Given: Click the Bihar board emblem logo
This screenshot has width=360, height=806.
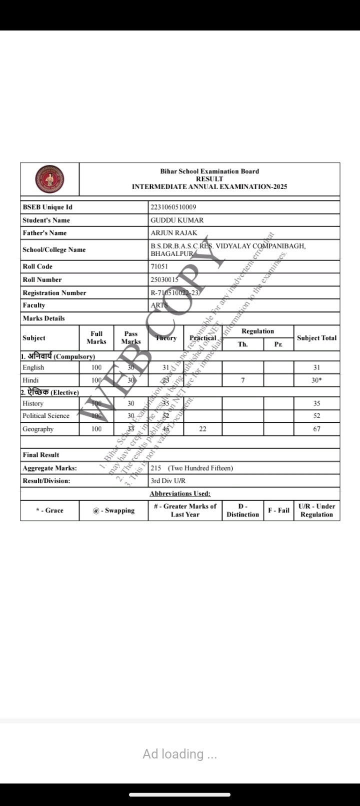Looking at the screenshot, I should tap(49, 179).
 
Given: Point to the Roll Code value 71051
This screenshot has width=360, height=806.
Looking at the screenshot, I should tap(159, 266).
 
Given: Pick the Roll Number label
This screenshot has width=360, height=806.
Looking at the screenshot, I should tap(42, 279).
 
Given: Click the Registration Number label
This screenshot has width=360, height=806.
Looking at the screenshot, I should tap(54, 292).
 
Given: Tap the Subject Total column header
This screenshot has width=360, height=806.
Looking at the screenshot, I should tap(316, 338).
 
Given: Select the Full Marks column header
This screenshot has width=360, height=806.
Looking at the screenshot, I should tap(96, 337).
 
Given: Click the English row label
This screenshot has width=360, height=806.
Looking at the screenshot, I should tap(33, 367).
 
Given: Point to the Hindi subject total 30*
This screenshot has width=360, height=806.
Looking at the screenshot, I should tap(316, 380).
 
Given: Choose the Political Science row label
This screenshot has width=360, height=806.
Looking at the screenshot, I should tap(46, 416).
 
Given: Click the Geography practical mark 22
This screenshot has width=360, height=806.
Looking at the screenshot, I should tap(202, 429).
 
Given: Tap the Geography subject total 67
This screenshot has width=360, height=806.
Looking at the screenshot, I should tap(316, 429).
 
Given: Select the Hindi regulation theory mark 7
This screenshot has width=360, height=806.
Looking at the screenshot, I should tap(242, 380).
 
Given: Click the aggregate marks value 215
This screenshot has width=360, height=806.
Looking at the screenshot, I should tap(156, 468).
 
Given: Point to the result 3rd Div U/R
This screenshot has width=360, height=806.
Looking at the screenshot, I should tap(168, 480).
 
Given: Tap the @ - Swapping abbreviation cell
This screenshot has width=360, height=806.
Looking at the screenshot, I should tap(113, 510).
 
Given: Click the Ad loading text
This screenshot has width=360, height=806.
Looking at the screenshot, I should tap(179, 753).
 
